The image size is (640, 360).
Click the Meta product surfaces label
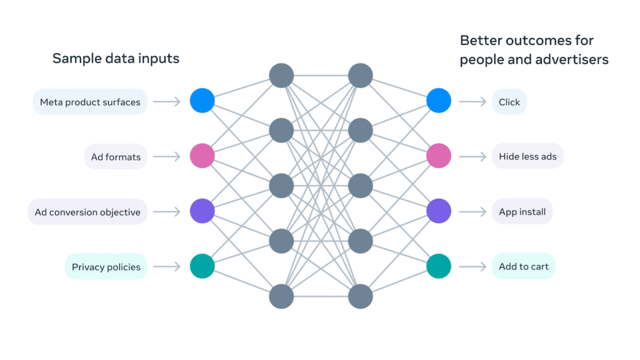pyautogui.click(x=90, y=102)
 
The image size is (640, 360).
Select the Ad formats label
pyautogui.click(x=116, y=157)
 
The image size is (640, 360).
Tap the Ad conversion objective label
pyautogui.click(x=87, y=212)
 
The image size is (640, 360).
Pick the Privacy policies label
pyautogui.click(x=106, y=267)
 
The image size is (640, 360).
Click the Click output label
pyautogui.click(x=509, y=102)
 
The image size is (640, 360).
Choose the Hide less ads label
pyautogui.click(x=527, y=157)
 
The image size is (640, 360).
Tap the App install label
pyautogui.click(x=522, y=212)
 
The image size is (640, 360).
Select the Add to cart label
pyautogui.click(x=524, y=267)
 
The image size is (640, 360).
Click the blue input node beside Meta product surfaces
pyautogui.click(x=202, y=101)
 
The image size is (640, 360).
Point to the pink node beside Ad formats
pyautogui.click(x=202, y=156)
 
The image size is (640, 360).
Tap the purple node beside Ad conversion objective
pyautogui.click(x=202, y=211)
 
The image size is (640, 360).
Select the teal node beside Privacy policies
pyautogui.click(x=202, y=266)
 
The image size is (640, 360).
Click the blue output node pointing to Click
pyautogui.click(x=439, y=101)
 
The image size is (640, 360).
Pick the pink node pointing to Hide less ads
pyautogui.click(x=439, y=156)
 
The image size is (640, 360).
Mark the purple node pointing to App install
pyautogui.click(x=439, y=211)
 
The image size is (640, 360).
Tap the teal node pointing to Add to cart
pyautogui.click(x=439, y=266)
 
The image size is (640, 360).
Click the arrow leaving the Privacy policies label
pyautogui.click(x=166, y=267)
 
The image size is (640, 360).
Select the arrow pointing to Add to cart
pyautogui.click(x=472, y=267)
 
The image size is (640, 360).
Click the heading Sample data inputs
pyautogui.click(x=116, y=59)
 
